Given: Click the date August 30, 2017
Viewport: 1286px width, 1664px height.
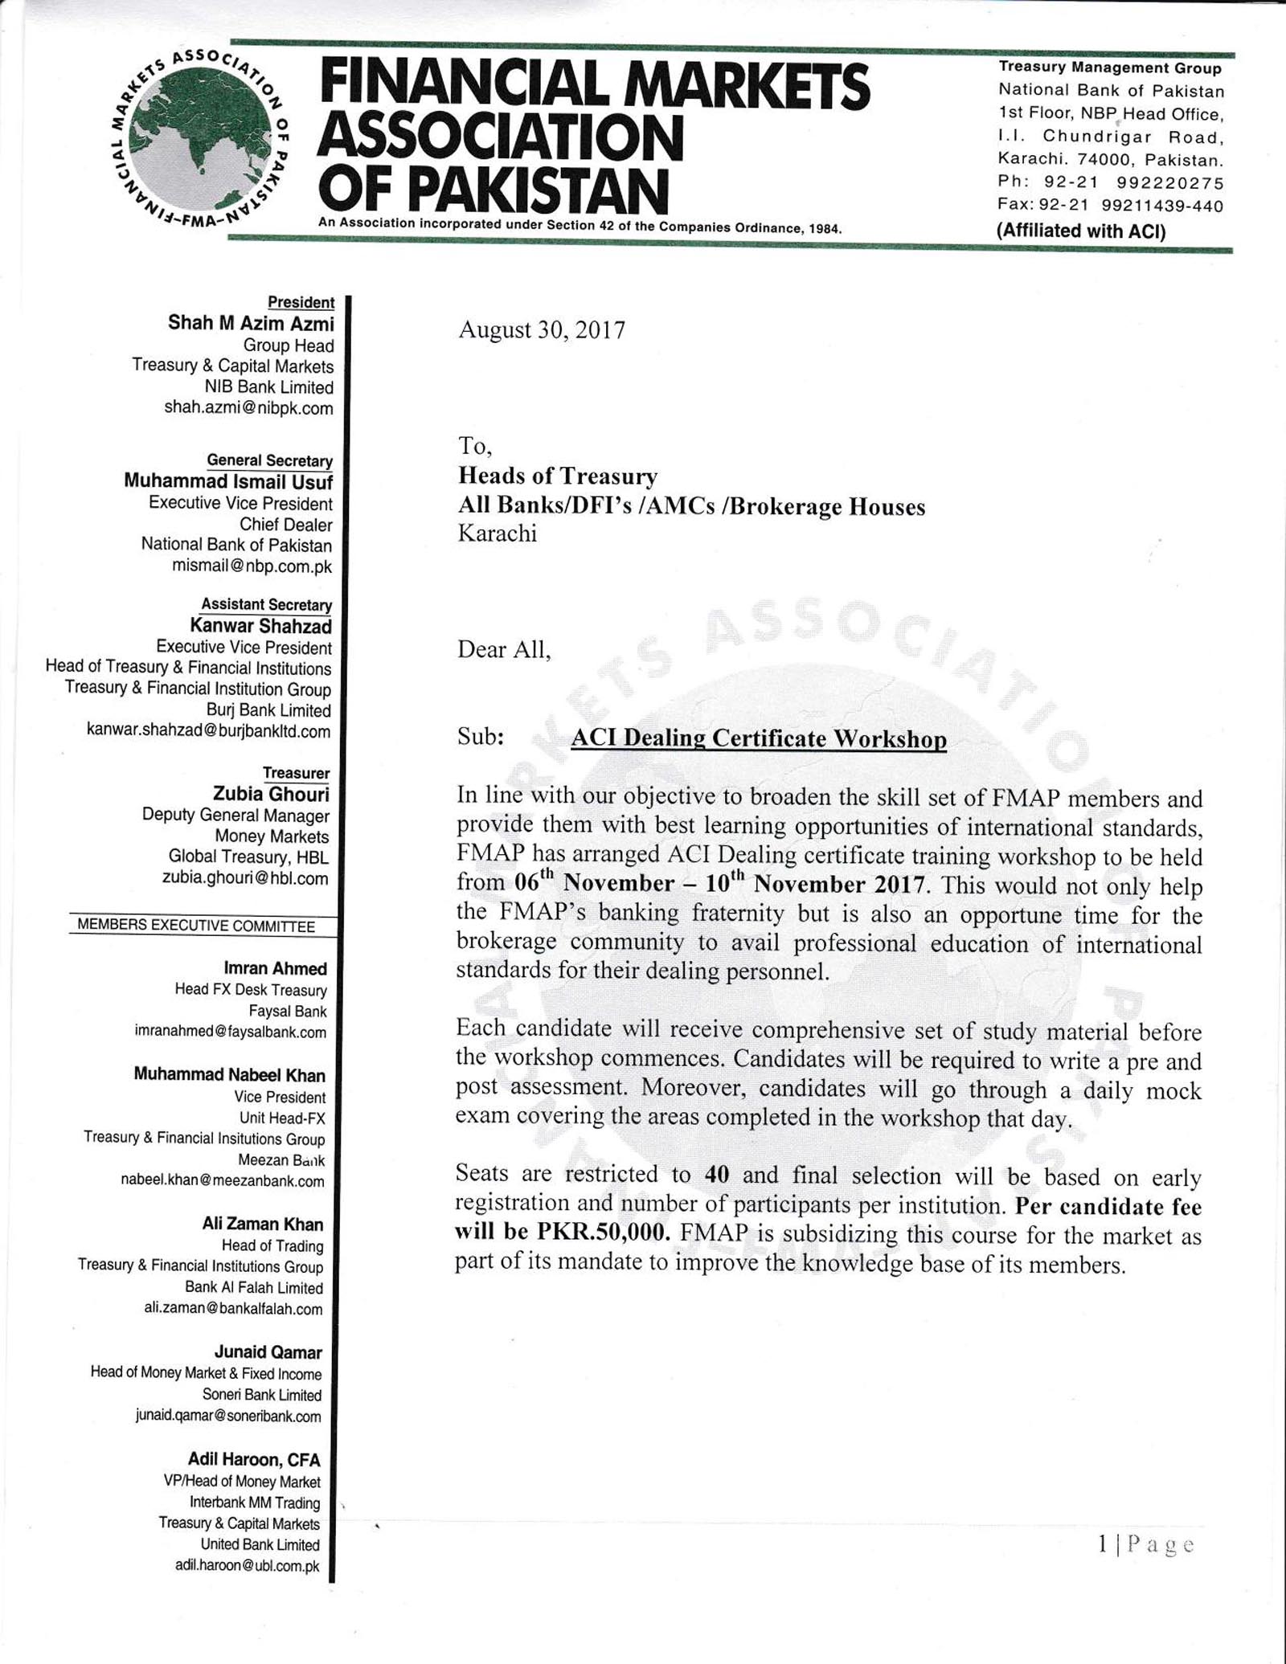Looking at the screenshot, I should [x=541, y=330].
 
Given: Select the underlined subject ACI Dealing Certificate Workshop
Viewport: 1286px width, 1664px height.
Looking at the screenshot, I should [x=758, y=738].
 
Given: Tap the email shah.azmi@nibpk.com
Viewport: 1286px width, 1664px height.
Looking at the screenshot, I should [x=248, y=408].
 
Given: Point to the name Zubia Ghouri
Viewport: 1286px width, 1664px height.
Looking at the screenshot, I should [x=271, y=794].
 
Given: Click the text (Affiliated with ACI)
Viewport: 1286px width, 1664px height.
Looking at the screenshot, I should [x=1080, y=231].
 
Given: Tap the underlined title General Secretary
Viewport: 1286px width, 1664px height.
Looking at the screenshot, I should [x=269, y=460].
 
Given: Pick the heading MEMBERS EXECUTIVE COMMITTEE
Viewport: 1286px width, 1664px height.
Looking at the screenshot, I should [x=196, y=926].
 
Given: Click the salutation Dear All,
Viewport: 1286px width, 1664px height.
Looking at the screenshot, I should [x=504, y=649].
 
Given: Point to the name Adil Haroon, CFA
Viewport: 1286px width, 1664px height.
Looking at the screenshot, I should [x=254, y=1459].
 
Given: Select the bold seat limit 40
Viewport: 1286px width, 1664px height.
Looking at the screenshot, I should [x=716, y=1175].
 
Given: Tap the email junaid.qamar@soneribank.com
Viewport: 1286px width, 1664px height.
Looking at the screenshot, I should [x=228, y=1416].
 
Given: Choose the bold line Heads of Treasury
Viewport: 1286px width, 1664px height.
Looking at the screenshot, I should [x=558, y=476].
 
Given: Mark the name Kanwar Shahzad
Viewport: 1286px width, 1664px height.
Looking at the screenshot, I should [x=260, y=625].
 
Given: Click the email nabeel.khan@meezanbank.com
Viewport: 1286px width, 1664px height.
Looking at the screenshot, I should [x=223, y=1180].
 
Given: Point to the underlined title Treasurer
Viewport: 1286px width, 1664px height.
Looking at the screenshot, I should [x=296, y=773].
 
